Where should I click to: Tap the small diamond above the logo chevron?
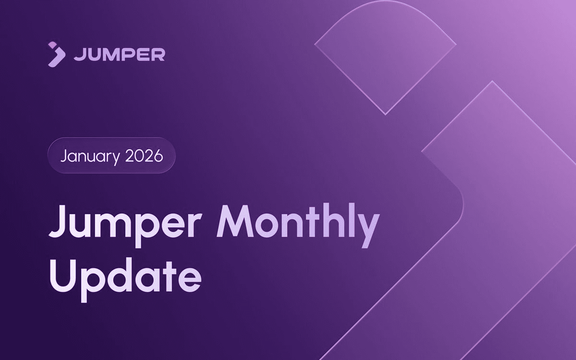[x=52, y=45]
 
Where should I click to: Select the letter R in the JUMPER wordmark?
[x=158, y=55]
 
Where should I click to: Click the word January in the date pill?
[x=90, y=156]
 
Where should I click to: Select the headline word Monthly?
[x=298, y=226]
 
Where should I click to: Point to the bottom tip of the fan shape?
[x=385, y=115]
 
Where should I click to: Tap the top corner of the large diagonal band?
[x=492, y=81]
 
